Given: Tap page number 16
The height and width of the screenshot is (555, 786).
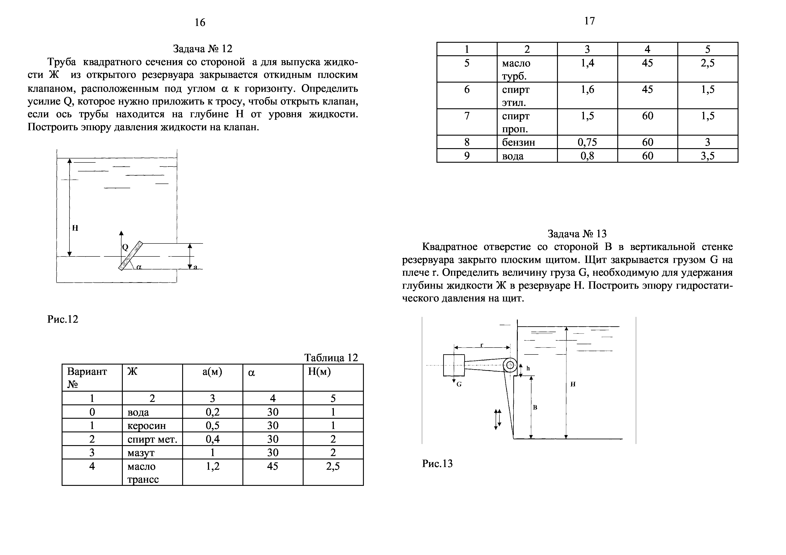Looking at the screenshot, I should click(x=200, y=23).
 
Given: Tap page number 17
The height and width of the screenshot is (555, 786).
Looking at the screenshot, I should click(x=589, y=21).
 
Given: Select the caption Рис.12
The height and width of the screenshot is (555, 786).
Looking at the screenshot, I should click(x=63, y=319).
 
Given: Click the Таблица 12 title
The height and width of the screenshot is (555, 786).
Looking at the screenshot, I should click(x=331, y=358).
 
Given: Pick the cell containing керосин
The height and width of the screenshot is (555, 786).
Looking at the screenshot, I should click(x=147, y=426).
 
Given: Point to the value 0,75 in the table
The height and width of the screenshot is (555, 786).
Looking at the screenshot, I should click(x=587, y=142).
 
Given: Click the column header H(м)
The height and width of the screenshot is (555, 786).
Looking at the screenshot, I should click(x=319, y=372).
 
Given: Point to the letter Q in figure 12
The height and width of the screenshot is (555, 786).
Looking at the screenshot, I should click(x=125, y=247).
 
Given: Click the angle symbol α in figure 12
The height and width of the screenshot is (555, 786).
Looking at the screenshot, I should click(x=139, y=267).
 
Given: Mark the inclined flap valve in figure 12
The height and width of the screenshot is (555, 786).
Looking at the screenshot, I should click(x=130, y=256).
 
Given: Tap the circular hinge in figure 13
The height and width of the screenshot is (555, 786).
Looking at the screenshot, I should click(x=510, y=365).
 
